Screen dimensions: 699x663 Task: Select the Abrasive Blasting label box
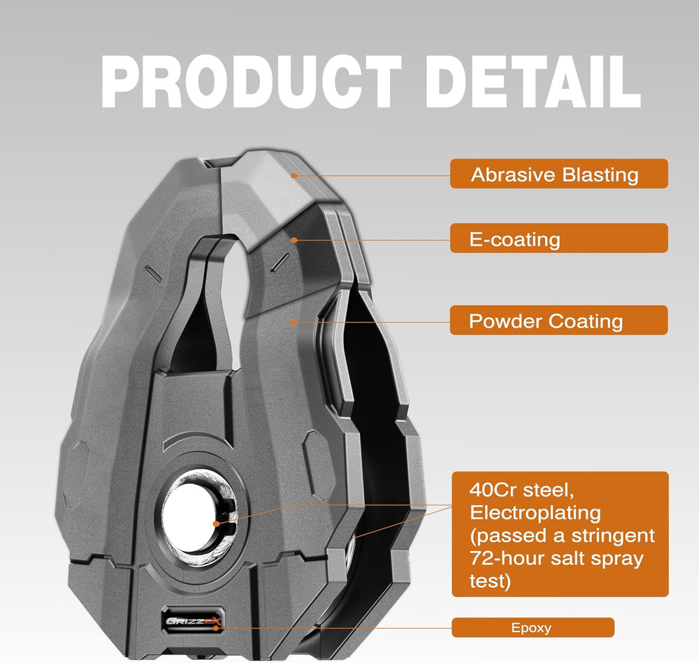[x=559, y=174]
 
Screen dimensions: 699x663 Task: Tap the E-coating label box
[x=559, y=238]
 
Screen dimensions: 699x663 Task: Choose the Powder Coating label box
[x=559, y=320]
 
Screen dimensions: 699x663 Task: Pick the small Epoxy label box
[x=533, y=627]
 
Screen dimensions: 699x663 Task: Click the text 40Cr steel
[x=521, y=490]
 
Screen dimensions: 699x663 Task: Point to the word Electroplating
[x=535, y=513]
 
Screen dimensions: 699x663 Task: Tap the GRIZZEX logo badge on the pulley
[x=192, y=620]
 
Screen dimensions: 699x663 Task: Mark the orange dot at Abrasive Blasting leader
[x=294, y=175]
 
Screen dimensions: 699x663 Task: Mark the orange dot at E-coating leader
[x=294, y=240]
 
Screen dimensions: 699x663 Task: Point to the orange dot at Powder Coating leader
[x=294, y=322]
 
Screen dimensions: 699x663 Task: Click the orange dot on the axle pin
[x=217, y=524]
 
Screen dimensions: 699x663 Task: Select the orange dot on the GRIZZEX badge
[x=216, y=628]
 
